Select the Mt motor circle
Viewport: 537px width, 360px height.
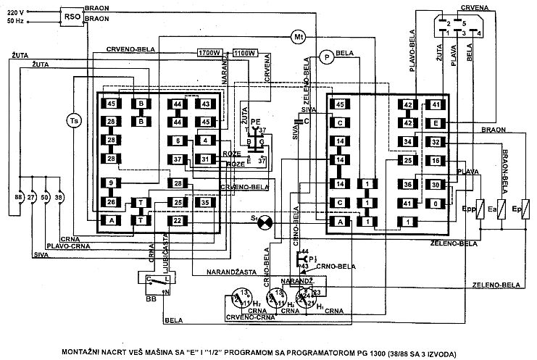click(x=299, y=36)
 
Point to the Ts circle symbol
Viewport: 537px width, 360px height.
click(x=72, y=120)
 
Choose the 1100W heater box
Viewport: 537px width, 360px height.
click(x=246, y=53)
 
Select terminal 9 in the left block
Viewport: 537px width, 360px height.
click(x=112, y=183)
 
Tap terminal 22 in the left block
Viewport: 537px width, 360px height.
click(x=178, y=221)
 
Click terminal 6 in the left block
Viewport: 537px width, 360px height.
click(x=178, y=141)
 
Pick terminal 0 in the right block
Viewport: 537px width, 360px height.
click(x=435, y=204)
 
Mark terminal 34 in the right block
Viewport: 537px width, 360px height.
click(x=408, y=141)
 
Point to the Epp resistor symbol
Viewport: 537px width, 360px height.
click(x=480, y=209)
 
